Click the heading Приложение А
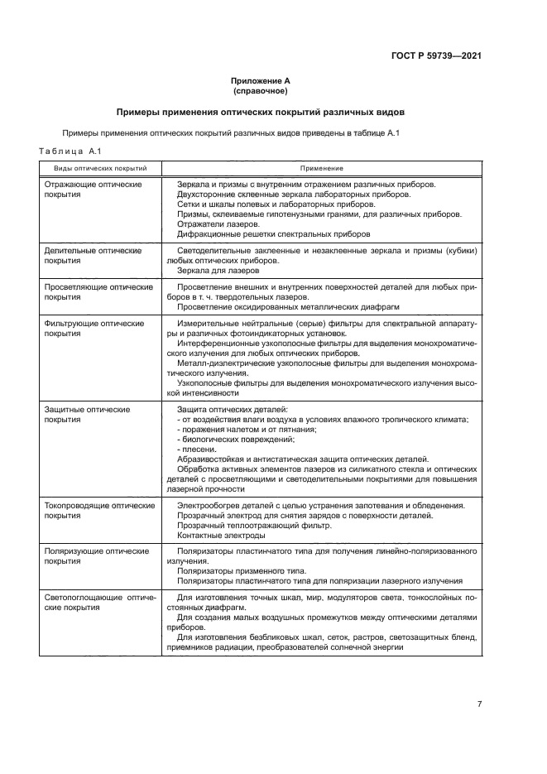[260, 80]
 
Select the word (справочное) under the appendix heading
[260, 90]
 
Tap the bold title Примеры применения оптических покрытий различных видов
[260, 112]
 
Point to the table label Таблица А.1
[70, 151]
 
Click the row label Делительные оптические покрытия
[93, 255]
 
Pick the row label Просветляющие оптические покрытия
[98, 291]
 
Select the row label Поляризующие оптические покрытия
[96, 555]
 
